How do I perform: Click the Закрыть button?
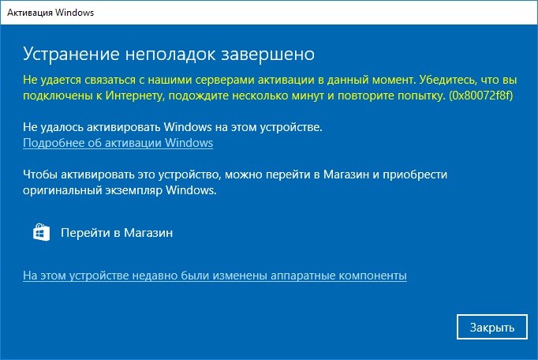click(x=492, y=327)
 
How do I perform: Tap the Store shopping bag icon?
click(x=41, y=232)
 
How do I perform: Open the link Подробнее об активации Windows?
click(x=118, y=143)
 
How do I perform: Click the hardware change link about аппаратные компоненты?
click(x=215, y=276)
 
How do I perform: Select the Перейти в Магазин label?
click(x=117, y=233)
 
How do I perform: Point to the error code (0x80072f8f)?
click(x=480, y=96)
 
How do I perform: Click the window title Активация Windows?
click(x=50, y=13)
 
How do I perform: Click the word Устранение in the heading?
click(x=71, y=54)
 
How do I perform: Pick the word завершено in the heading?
click(x=267, y=54)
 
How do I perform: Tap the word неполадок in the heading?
click(x=170, y=54)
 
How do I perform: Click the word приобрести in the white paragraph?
click(x=415, y=174)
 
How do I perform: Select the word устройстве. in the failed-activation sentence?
click(x=291, y=127)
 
